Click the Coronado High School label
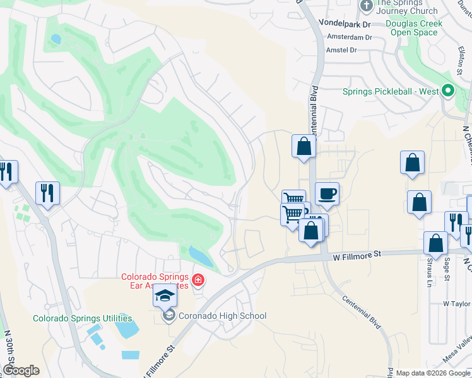[223, 316]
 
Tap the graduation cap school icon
[165, 295]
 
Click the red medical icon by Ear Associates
[198, 279]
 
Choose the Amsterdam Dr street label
[350, 37]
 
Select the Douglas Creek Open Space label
[414, 28]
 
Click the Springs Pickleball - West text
[390, 91]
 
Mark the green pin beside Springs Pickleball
[449, 91]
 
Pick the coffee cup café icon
[327, 194]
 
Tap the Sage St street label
[447, 268]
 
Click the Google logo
[21, 370]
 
